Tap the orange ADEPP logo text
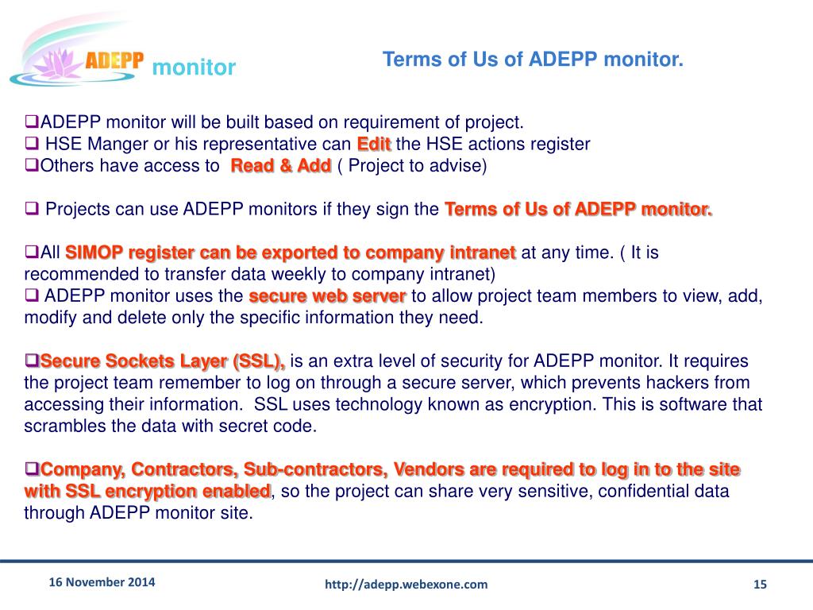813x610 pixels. (114, 61)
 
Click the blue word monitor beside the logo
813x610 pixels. (194, 68)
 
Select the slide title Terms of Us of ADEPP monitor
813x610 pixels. (533, 60)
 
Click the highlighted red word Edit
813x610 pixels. (374, 145)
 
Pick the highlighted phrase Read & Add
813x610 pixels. (280, 166)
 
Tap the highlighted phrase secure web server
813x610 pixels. (327, 296)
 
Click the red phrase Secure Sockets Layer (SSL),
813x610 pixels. (163, 361)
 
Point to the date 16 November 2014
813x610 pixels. (102, 581)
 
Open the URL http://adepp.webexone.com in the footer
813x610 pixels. (406, 585)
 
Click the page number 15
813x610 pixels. (760, 585)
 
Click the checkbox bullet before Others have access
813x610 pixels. (32, 165)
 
